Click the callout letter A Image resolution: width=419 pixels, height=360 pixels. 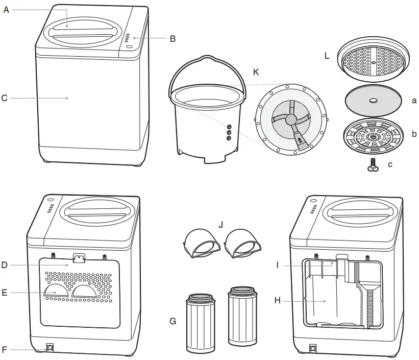6,10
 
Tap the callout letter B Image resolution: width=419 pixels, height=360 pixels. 172,38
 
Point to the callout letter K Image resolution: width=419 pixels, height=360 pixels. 256,72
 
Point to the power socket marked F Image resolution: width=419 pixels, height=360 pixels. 51,349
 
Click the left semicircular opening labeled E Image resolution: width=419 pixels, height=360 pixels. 56,291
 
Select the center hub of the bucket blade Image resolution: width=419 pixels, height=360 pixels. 290,119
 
